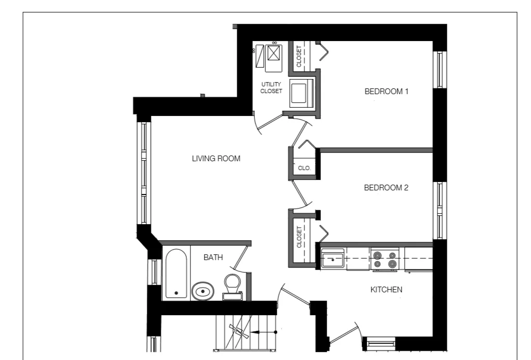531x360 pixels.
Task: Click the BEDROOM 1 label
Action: click(x=386, y=92)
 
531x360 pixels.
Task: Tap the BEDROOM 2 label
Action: click(x=386, y=187)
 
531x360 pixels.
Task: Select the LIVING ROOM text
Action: click(x=216, y=159)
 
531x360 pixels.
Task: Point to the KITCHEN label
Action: click(x=386, y=289)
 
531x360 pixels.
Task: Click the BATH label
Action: click(x=213, y=257)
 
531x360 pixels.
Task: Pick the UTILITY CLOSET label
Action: click(x=271, y=87)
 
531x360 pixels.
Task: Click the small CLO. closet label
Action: click(x=304, y=168)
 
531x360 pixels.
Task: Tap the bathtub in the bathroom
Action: click(x=176, y=274)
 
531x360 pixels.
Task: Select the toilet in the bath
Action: click(x=231, y=287)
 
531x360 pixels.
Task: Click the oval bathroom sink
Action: click(x=202, y=292)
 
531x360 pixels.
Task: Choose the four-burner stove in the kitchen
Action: click(x=384, y=259)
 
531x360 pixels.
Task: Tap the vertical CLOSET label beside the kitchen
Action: click(x=299, y=237)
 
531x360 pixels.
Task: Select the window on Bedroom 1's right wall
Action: click(x=439, y=69)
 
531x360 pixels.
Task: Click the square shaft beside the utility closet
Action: click(x=301, y=94)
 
